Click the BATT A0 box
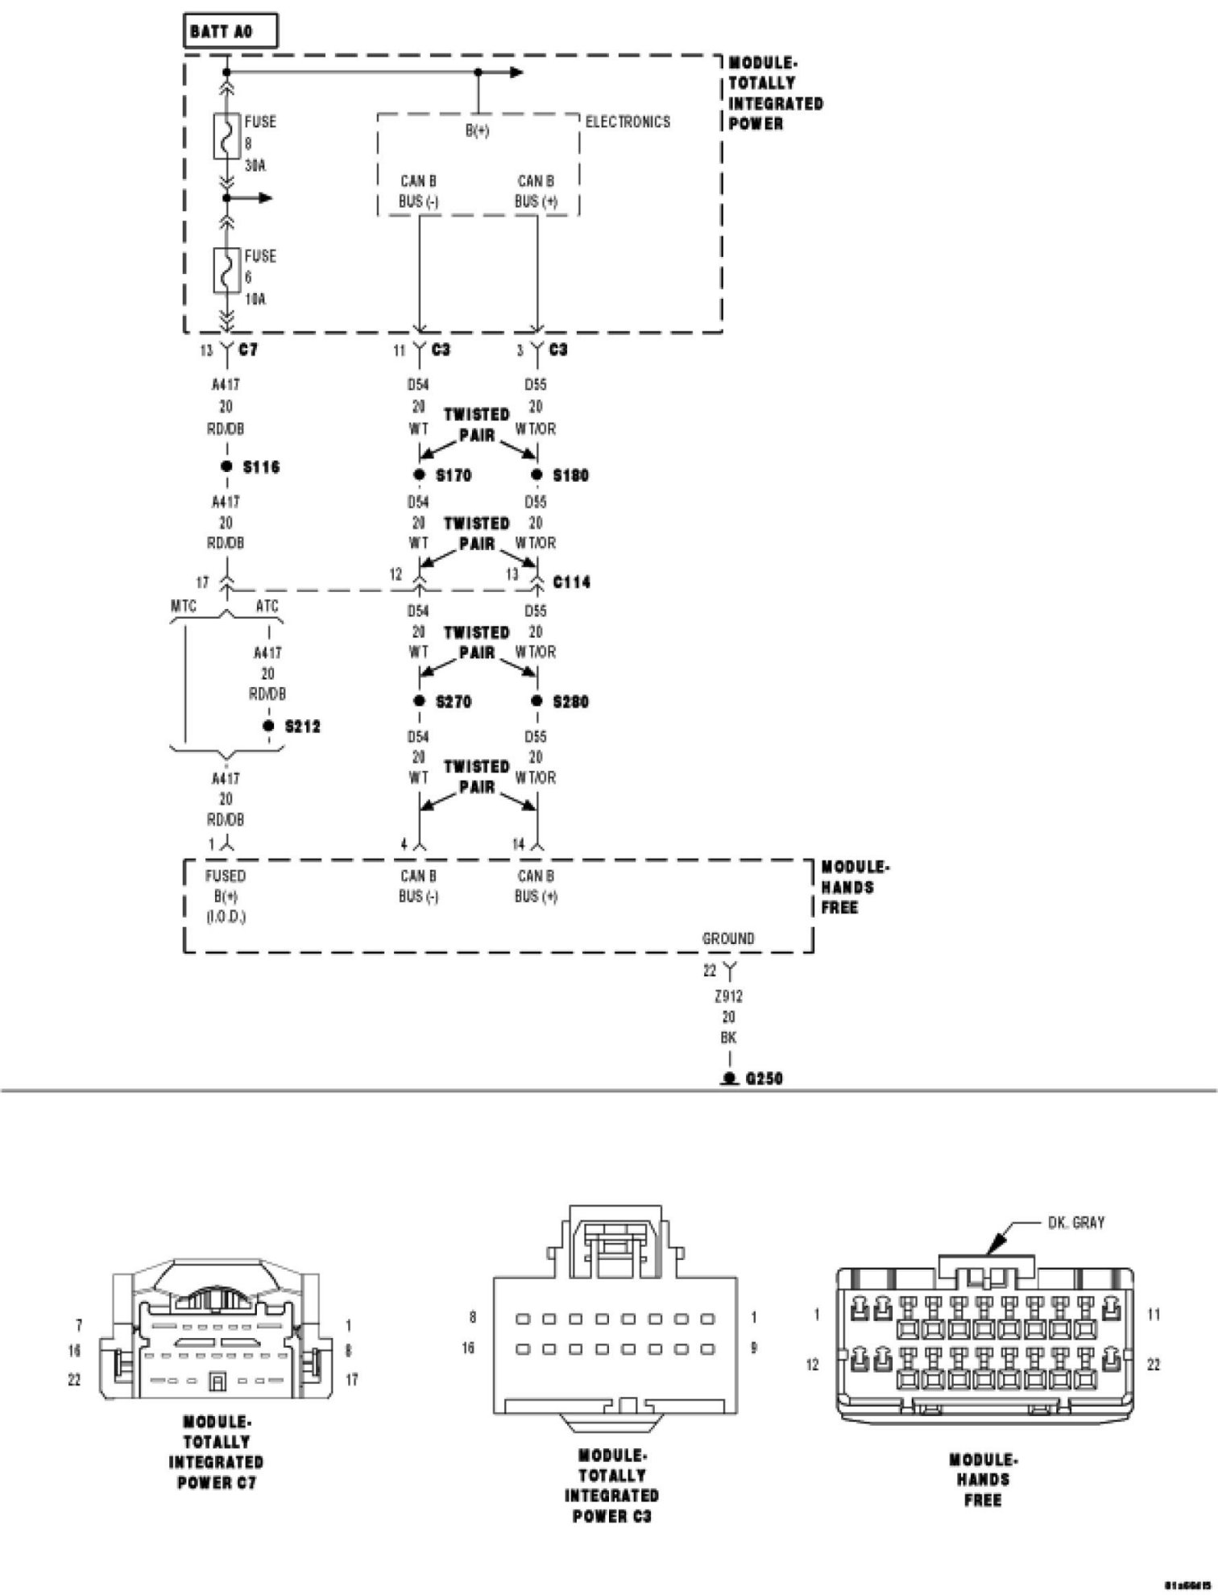(x=231, y=33)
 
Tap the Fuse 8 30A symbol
(x=226, y=136)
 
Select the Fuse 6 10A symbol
(x=226, y=270)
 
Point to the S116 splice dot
(x=226, y=466)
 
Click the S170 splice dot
(x=419, y=474)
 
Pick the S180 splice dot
(x=536, y=474)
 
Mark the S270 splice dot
(x=419, y=701)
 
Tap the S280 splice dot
(x=536, y=701)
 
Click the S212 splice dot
(x=268, y=726)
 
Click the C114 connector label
(x=571, y=582)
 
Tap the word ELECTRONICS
(x=628, y=122)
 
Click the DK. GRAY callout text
(x=1075, y=1223)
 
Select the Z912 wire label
(x=728, y=996)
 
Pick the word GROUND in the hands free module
(x=728, y=938)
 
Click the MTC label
(x=184, y=606)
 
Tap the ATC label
(x=267, y=606)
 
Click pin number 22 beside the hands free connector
(x=1154, y=1365)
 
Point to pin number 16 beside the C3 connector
(x=468, y=1348)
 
